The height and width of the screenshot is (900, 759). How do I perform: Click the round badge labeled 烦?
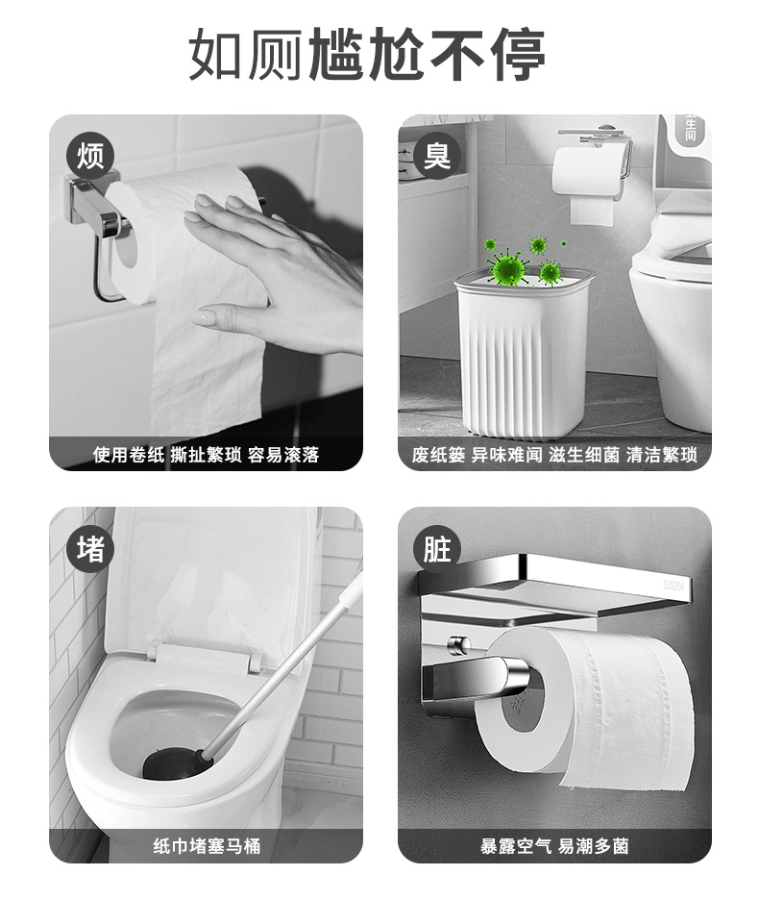point(90,156)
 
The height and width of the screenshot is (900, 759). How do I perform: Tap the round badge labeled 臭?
point(437,156)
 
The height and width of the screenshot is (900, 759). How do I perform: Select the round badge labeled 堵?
point(90,549)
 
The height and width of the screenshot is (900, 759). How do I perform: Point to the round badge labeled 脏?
point(437,549)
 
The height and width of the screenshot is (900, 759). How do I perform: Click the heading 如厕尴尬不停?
point(367,54)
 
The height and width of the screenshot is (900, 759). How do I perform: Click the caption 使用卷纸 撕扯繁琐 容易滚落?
point(206,455)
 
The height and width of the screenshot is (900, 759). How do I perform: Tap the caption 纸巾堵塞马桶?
point(206,845)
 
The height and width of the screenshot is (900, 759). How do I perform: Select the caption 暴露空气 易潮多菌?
point(554,845)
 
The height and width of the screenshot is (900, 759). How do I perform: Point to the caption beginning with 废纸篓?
point(554,455)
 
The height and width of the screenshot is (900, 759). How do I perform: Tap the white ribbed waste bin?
point(524,350)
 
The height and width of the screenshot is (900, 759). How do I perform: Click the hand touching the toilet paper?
point(274,273)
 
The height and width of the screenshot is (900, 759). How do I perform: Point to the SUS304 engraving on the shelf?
point(674,586)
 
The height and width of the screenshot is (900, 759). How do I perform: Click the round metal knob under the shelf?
point(459,645)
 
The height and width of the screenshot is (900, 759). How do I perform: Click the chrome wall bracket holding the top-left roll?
point(96,205)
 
